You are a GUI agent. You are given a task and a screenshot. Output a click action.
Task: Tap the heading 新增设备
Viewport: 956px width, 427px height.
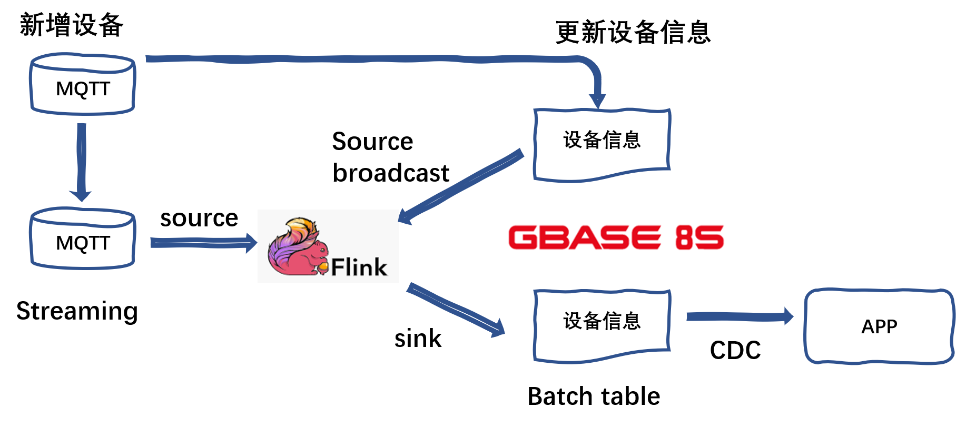pyautogui.click(x=72, y=25)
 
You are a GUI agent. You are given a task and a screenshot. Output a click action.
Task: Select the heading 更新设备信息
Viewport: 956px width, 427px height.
pyautogui.click(x=633, y=32)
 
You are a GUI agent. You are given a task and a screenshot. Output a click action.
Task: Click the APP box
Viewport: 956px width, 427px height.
pyautogui.click(x=879, y=326)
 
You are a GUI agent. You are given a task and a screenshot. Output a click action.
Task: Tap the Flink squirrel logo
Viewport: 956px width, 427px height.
pyautogui.click(x=328, y=246)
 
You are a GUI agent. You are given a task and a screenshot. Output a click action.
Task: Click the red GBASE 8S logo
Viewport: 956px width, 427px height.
pyautogui.click(x=616, y=237)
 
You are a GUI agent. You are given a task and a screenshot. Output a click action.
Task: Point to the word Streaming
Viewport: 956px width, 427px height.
pyautogui.click(x=77, y=311)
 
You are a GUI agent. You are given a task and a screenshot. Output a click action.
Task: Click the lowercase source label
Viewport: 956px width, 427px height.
pyautogui.click(x=199, y=218)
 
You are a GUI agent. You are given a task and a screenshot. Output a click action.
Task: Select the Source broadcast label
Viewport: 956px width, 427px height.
pyautogui.click(x=391, y=157)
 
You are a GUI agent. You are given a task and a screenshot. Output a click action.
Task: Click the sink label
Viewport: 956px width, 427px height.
pyautogui.click(x=418, y=338)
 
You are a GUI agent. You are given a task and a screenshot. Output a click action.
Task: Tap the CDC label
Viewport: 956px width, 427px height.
pyautogui.click(x=735, y=350)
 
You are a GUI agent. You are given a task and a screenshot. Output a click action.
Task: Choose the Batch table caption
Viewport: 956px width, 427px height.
pyautogui.click(x=594, y=396)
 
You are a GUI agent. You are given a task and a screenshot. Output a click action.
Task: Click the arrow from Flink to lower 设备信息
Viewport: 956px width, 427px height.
pyautogui.click(x=456, y=310)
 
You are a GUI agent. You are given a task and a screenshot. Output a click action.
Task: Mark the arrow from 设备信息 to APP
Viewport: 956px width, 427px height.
pyautogui.click(x=740, y=316)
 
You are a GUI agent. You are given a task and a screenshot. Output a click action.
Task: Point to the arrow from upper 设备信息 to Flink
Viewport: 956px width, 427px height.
pyautogui.click(x=461, y=186)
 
